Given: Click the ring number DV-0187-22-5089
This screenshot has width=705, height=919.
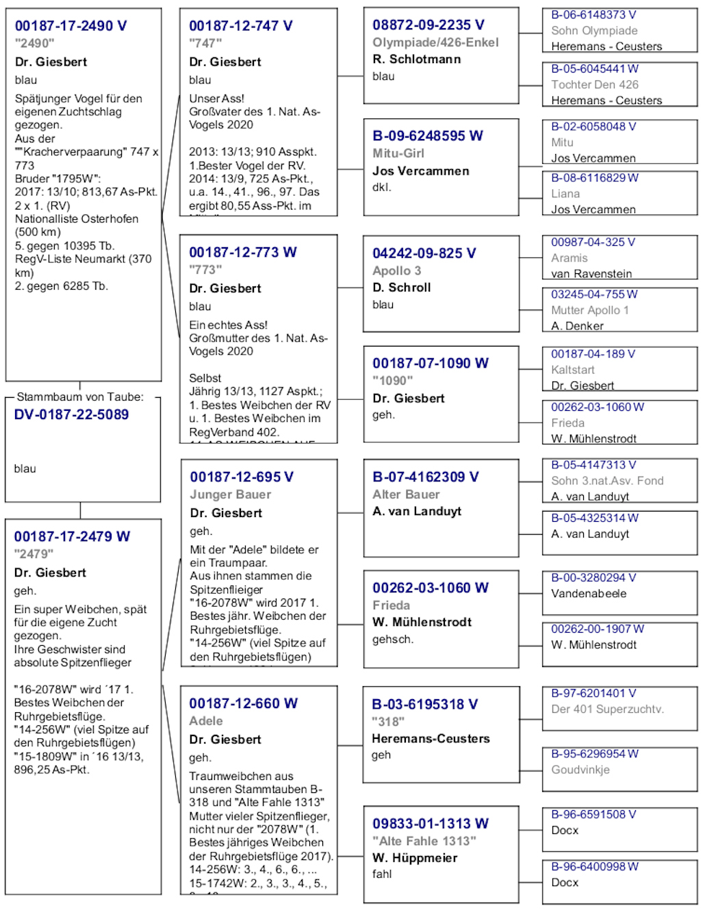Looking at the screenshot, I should pos(71,415).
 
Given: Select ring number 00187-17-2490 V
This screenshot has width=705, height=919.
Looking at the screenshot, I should pos(70,26).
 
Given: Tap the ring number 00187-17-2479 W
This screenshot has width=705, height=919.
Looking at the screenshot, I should pos(72,537).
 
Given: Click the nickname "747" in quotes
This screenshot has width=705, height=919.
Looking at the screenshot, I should pos(205,44).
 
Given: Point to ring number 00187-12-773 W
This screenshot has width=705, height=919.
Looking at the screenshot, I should pos(243,253).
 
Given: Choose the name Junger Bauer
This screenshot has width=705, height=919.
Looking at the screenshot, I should pos(230,494).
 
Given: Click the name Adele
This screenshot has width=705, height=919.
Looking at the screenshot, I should pos(206,721).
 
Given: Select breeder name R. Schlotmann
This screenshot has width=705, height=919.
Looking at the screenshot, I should pos(416,60).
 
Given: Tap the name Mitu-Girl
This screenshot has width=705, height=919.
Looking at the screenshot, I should pos(398,153).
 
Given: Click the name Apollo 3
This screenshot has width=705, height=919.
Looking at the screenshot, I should pos(396,270).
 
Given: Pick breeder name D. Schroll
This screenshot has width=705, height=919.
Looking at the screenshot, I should pos(401,288).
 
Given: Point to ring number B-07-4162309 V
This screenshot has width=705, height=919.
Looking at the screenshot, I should pos(425,477).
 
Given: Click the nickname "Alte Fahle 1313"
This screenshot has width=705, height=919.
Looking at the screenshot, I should pos(424,841).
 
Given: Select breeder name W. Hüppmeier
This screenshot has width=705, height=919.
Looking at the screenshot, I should pos(414,858).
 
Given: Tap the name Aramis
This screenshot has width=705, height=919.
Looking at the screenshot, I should pos(569,258).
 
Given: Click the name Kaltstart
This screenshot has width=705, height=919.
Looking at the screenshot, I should pos(572,370).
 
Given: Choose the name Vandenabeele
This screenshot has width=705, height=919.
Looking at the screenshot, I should pos(588,594).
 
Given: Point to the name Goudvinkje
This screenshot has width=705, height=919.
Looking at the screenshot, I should pos(580,770).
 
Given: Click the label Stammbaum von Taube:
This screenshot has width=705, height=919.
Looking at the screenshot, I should pos(80,397).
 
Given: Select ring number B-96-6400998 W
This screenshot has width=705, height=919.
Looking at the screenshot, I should pos(594,867).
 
